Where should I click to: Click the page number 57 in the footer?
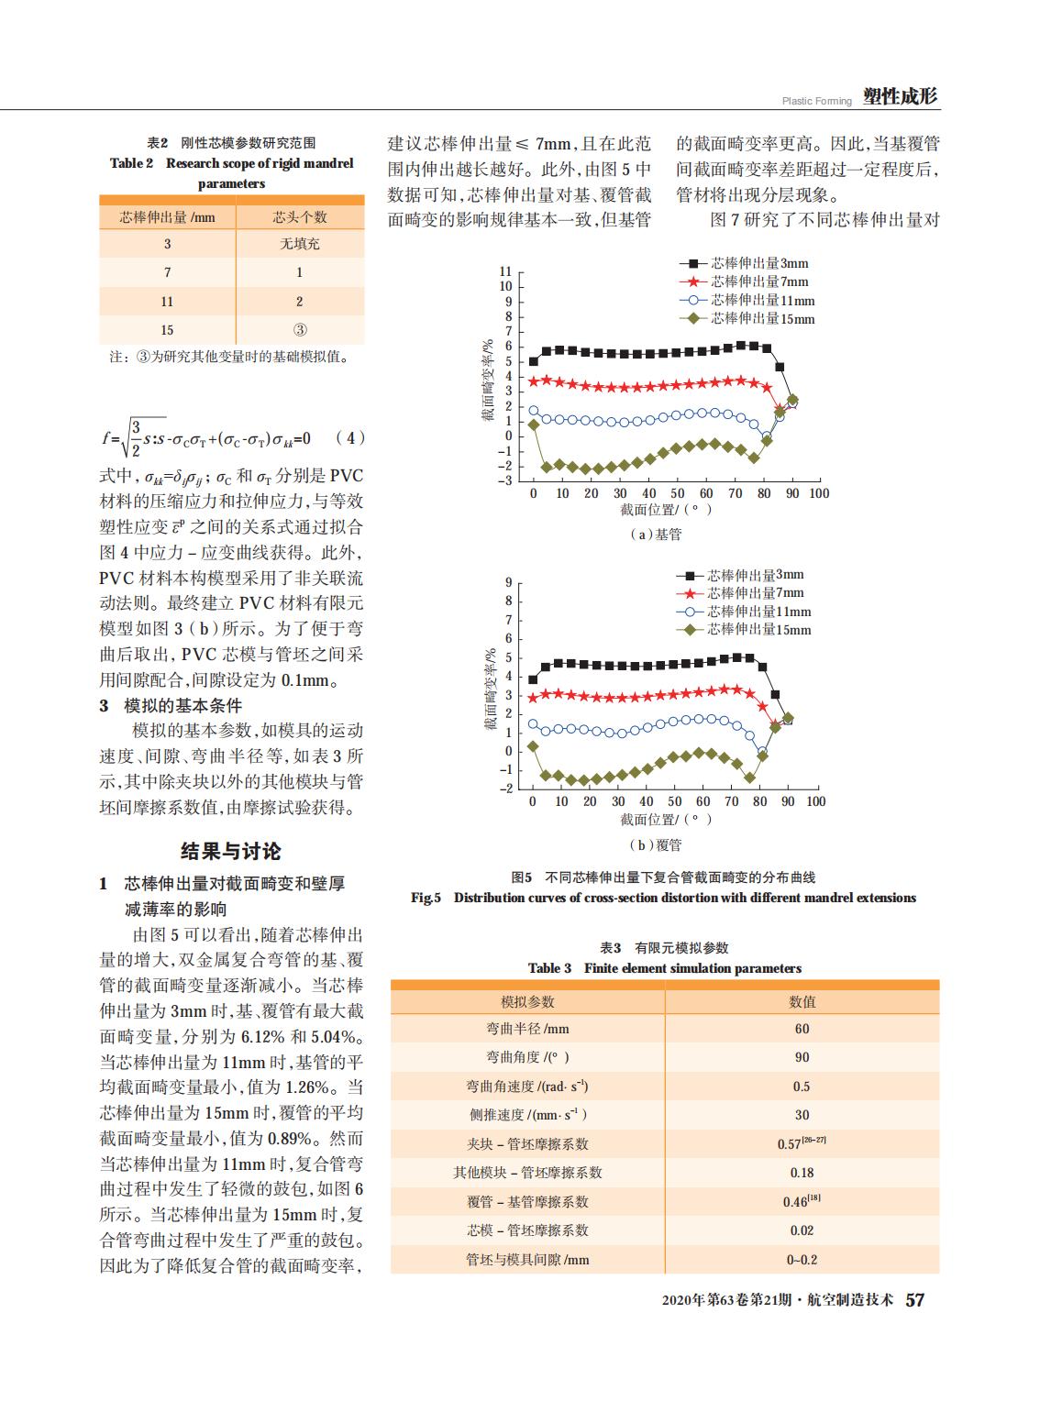click(x=915, y=1300)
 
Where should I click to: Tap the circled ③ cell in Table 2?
click(x=300, y=330)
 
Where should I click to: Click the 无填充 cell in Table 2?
click(x=300, y=244)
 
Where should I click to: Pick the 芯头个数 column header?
click(x=300, y=217)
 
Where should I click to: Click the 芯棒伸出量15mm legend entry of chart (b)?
click(x=743, y=629)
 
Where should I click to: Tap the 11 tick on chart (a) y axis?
click(x=505, y=271)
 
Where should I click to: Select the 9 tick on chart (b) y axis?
click(x=509, y=582)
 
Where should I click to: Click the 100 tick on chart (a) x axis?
click(x=819, y=493)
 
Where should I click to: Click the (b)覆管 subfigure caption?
click(x=655, y=845)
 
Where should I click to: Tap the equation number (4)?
click(x=350, y=437)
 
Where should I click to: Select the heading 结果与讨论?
click(x=230, y=851)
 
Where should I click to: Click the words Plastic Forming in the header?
click(x=817, y=101)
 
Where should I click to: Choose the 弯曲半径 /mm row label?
click(x=527, y=1029)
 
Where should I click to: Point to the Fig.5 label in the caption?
click(x=426, y=898)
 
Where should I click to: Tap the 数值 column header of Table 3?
click(x=802, y=1001)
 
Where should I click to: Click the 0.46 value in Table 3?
click(x=802, y=1201)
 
